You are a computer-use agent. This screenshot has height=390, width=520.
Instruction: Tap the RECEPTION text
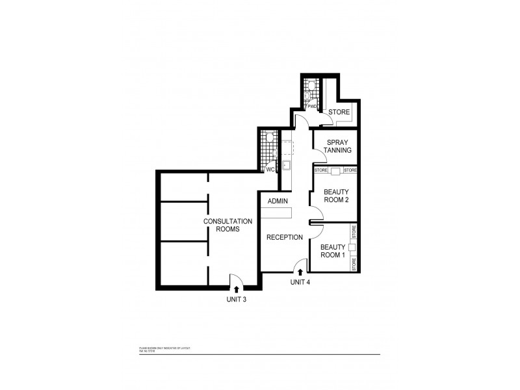[x=284, y=237]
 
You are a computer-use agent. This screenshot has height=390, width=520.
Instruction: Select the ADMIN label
[x=278, y=201]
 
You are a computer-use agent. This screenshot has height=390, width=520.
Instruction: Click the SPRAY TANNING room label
[x=339, y=146]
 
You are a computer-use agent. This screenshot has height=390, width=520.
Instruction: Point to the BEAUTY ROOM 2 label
[x=337, y=196]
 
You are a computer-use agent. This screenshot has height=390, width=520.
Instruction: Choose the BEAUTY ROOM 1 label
[x=332, y=251]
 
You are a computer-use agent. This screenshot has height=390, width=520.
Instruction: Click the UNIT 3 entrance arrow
[x=235, y=289]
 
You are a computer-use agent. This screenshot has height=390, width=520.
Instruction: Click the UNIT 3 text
[x=235, y=300]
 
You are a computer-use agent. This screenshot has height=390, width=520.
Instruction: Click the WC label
[x=271, y=169]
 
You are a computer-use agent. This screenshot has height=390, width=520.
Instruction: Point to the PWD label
[x=313, y=106]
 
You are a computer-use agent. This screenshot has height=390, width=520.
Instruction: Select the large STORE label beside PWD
[x=339, y=112]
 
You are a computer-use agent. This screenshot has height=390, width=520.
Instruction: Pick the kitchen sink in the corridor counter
[x=286, y=164]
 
